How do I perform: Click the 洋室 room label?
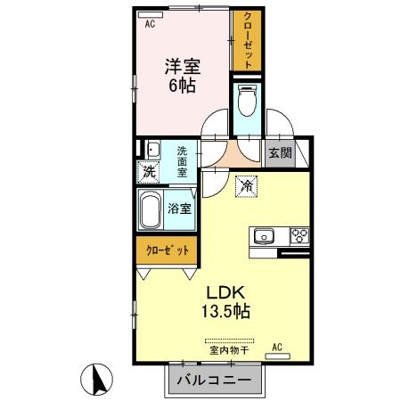pyautogui.click(x=181, y=66)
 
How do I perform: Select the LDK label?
pyautogui.click(x=226, y=292)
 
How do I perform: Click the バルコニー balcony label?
pyautogui.click(x=214, y=381)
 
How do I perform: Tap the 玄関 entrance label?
pyautogui.click(x=279, y=152)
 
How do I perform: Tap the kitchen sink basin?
pyautogui.click(x=265, y=236)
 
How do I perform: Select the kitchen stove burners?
pyautogui.click(x=299, y=236)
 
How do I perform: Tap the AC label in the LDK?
pyautogui.click(x=277, y=347)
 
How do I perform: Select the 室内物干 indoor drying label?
pyautogui.click(x=229, y=351)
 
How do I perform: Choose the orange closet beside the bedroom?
pyautogui.click(x=246, y=40)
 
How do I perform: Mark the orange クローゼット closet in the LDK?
pyautogui.click(x=168, y=250)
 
